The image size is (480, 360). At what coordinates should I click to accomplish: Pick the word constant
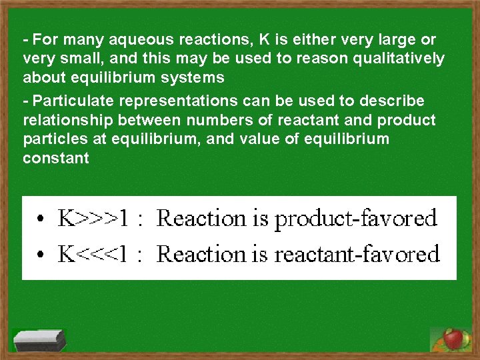[x=55, y=158]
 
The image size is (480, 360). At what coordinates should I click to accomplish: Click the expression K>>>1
[x=93, y=218]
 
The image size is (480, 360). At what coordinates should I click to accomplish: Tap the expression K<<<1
[x=93, y=254]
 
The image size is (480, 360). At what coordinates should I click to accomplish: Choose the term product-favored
[x=356, y=219]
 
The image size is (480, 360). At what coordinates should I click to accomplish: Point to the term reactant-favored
[x=357, y=254]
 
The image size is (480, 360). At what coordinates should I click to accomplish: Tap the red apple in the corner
[x=453, y=339]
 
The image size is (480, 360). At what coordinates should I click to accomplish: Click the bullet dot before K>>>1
[x=42, y=219]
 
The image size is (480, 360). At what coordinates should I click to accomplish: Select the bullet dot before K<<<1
[x=42, y=255]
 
